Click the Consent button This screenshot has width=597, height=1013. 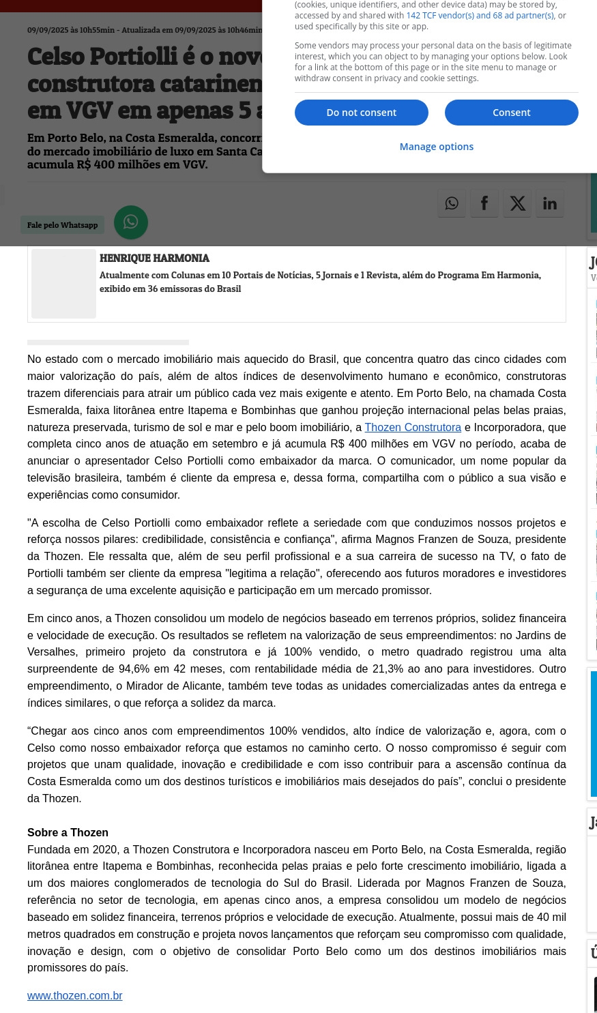[x=511, y=113]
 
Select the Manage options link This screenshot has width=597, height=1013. [x=436, y=147]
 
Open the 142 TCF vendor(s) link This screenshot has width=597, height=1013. [x=480, y=16]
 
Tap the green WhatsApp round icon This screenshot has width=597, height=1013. [x=131, y=222]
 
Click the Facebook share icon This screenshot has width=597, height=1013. [x=484, y=203]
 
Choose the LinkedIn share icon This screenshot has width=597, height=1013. [x=550, y=203]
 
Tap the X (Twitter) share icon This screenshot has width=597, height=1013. [x=517, y=203]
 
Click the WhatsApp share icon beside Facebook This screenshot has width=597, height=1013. [x=452, y=203]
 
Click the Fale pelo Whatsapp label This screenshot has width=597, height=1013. [x=63, y=225]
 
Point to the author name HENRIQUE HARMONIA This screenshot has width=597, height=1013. [x=154, y=259]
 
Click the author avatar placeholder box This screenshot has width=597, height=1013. [x=63, y=284]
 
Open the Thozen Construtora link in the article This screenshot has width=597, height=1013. [x=413, y=427]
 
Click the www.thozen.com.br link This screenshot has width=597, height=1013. [x=75, y=996]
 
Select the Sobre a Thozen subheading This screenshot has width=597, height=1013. [x=68, y=832]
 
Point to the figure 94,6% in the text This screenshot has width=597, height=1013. [x=134, y=669]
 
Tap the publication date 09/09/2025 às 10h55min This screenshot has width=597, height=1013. [x=71, y=30]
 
